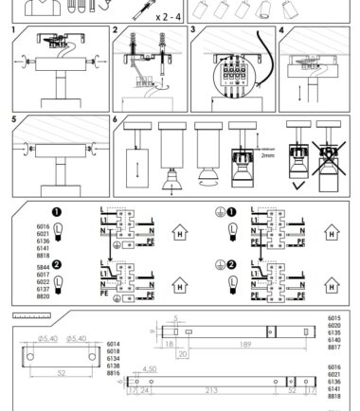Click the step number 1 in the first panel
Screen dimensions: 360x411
(13, 30)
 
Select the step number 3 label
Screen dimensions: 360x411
(192, 30)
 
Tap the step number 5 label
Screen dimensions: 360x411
(13, 120)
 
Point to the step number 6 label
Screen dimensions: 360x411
(116, 120)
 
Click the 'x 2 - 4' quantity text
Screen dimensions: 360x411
(143, 16)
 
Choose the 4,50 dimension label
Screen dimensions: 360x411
(149, 368)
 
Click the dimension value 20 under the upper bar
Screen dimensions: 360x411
(182, 353)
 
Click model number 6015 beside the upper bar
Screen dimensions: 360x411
(333, 319)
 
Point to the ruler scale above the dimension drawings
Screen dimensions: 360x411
(31, 313)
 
